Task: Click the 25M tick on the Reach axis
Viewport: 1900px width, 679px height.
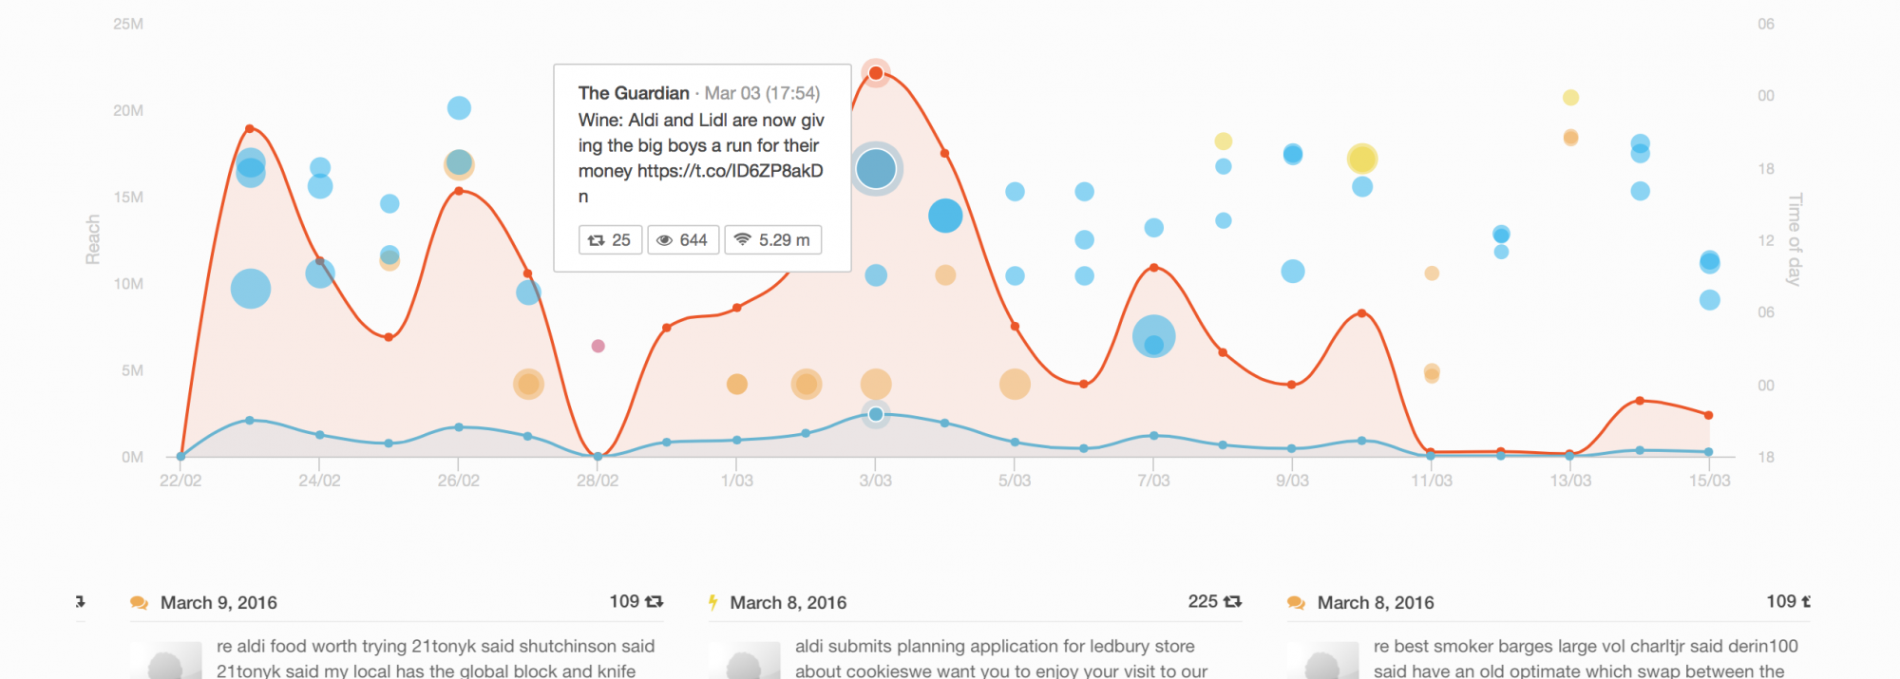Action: (x=128, y=24)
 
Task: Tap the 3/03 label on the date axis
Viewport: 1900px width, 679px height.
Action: (x=875, y=481)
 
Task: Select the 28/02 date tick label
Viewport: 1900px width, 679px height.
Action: (x=598, y=481)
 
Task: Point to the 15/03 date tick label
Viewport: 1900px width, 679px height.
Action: (x=1709, y=481)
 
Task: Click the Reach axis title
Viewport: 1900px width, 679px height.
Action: (x=93, y=238)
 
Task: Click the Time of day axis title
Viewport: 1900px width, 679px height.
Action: (x=1795, y=239)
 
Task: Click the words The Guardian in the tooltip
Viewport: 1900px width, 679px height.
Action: (x=634, y=93)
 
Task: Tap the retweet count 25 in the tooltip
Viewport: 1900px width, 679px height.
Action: (x=611, y=240)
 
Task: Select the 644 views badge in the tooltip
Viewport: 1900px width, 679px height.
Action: (x=683, y=240)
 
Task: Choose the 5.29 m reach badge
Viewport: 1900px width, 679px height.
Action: (x=773, y=240)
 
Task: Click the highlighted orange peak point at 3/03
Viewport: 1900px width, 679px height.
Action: (x=876, y=73)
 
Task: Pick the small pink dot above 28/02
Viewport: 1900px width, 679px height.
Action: (x=598, y=346)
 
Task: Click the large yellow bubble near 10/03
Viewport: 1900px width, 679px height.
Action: (x=1362, y=159)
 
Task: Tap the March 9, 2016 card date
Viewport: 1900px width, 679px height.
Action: (x=218, y=603)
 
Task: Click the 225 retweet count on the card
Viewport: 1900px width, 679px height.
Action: (x=1203, y=601)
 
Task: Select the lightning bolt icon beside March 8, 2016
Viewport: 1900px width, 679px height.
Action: (x=712, y=602)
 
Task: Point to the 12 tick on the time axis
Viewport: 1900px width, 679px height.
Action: (x=1765, y=240)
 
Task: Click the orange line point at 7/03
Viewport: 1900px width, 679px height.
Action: (x=1153, y=268)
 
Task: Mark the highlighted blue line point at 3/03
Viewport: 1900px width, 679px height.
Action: (x=876, y=414)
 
